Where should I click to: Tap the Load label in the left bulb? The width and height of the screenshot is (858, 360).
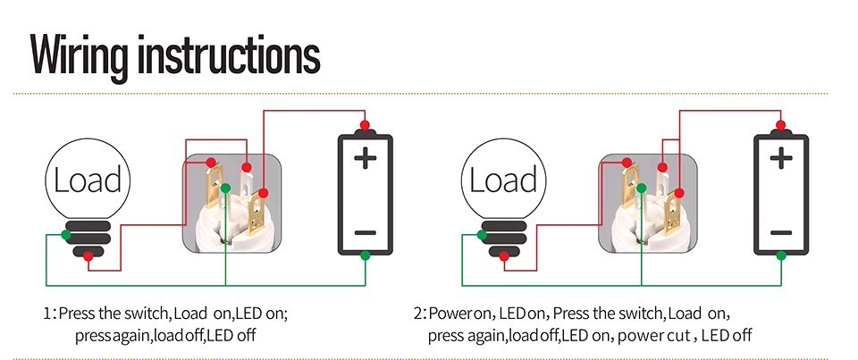(88, 180)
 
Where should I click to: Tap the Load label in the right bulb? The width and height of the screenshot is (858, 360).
(503, 180)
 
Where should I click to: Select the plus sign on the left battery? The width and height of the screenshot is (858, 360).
(365, 159)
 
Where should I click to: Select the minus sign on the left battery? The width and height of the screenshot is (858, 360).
(365, 231)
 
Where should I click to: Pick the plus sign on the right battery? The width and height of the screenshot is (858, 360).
(781, 159)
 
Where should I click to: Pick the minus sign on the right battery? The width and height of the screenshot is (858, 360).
(781, 231)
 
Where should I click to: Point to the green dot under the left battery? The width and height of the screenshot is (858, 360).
(365, 256)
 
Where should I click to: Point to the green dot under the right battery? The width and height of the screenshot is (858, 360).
(781, 256)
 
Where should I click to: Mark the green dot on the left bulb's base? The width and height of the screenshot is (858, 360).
(66, 236)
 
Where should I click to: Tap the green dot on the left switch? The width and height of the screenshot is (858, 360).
(226, 188)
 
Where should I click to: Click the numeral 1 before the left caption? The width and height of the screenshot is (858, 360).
(47, 314)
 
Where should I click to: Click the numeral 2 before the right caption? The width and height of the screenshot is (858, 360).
(418, 314)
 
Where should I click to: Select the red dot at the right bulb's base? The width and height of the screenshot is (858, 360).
(504, 256)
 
